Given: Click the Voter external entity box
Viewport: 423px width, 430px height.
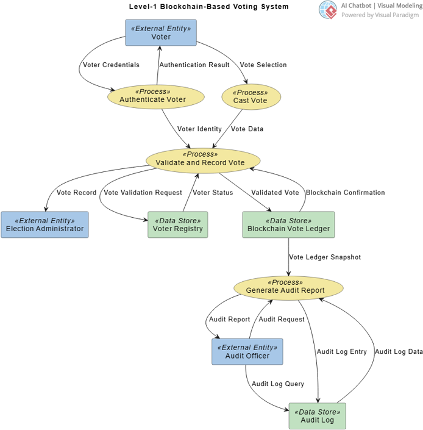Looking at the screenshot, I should (x=161, y=32).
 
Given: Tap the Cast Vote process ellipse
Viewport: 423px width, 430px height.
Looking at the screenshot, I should (x=250, y=96).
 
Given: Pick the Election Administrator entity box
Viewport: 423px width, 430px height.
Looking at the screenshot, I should (x=44, y=224).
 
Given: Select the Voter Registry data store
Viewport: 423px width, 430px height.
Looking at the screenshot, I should (x=177, y=224).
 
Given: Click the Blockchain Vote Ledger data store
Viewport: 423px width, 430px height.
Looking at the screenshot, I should (x=288, y=224).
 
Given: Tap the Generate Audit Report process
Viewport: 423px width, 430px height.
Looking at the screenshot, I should (x=288, y=287).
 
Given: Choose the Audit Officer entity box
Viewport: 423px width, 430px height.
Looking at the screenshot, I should (x=247, y=351).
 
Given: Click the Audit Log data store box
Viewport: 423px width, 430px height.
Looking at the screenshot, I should (x=317, y=415).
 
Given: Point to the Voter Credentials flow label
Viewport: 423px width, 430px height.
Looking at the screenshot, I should (x=111, y=65).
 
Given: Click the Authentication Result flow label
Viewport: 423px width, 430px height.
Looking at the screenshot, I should (x=194, y=65).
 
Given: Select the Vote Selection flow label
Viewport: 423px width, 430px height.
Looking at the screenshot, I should (x=263, y=65).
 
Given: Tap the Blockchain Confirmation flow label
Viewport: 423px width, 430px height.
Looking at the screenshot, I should (x=345, y=192).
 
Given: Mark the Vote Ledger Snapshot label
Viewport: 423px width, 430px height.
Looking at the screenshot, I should (x=325, y=257).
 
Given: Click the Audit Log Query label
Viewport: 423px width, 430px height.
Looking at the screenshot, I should (x=278, y=384).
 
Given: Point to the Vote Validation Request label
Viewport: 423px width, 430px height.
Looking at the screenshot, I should (x=143, y=192).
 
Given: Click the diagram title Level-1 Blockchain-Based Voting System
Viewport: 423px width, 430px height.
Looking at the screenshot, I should (x=209, y=7).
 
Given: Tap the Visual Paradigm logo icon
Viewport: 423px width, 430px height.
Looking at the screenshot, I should (x=328, y=10).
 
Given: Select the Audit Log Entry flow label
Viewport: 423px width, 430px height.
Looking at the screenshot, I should (x=341, y=351).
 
